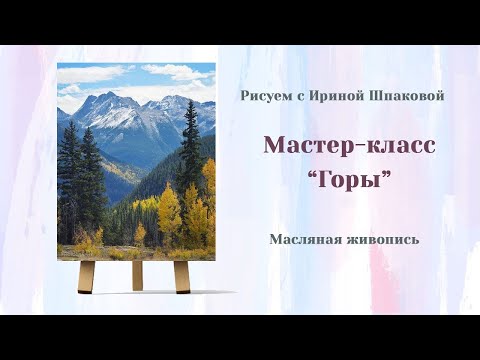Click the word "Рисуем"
click(264, 96)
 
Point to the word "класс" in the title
click(397, 145)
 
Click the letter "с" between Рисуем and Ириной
click(294, 97)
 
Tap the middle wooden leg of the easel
click(137, 275)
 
